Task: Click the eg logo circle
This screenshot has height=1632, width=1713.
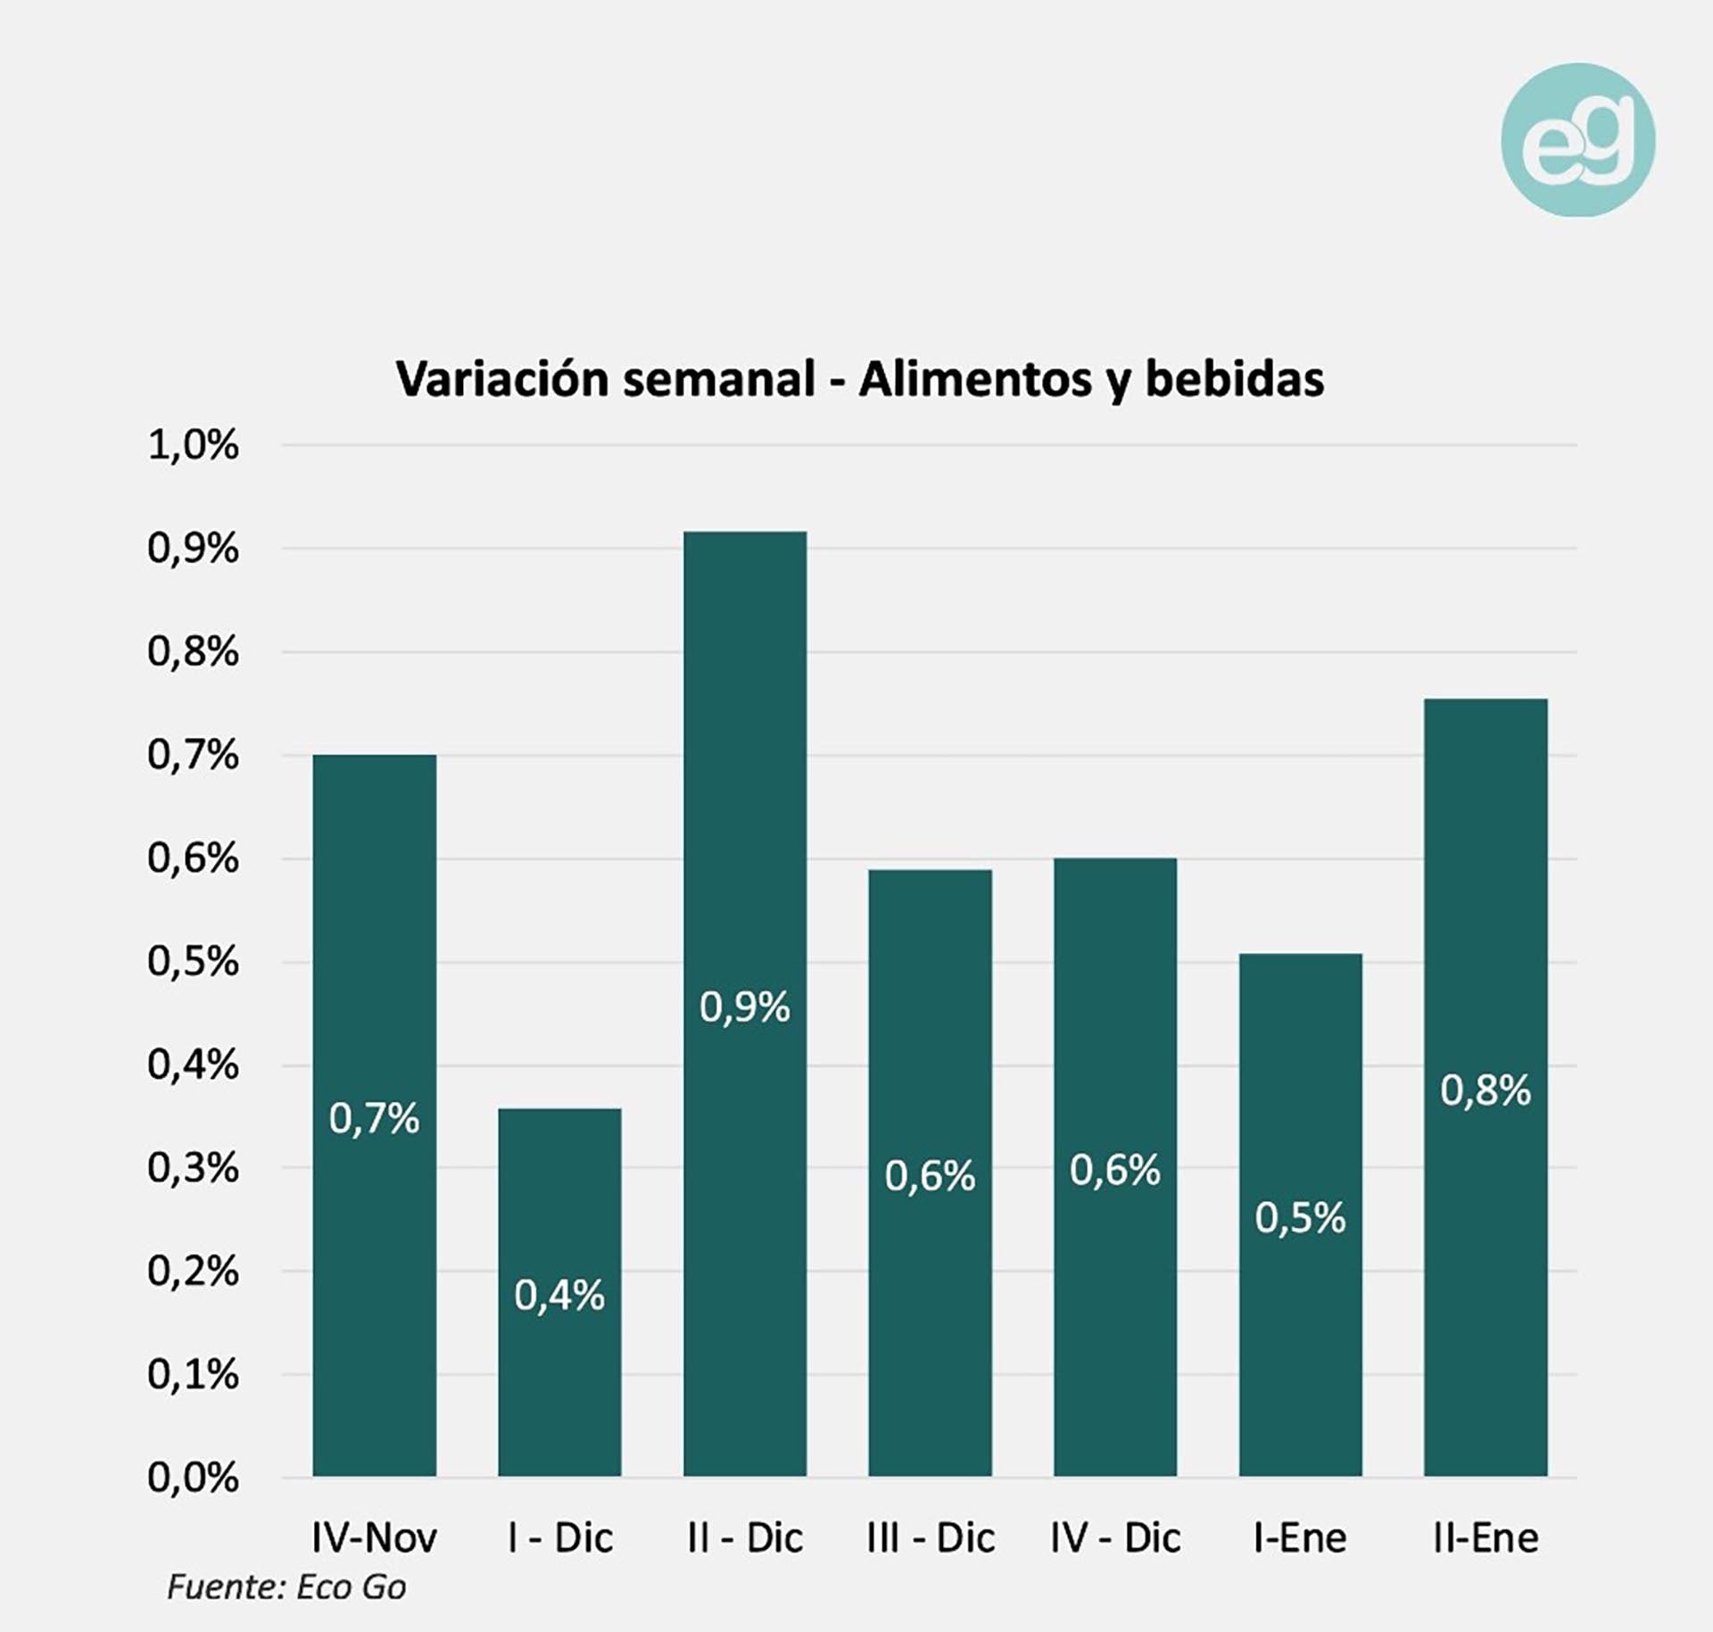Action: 1577,140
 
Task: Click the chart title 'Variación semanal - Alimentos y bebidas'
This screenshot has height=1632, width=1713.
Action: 859,379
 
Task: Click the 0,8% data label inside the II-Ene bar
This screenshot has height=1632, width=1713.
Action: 1485,1090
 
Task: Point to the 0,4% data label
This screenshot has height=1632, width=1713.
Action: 559,1296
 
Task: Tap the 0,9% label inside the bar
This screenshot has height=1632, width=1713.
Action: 745,1007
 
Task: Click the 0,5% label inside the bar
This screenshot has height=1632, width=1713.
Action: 1300,1218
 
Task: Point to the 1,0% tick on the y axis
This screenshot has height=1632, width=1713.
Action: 194,445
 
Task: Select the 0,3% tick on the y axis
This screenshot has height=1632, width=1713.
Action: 194,1168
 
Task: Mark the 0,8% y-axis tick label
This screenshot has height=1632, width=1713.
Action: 194,652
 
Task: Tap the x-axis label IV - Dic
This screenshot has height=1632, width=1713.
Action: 1115,1537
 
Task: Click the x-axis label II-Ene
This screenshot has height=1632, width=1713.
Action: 1485,1537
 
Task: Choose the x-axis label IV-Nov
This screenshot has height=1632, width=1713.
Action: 374,1537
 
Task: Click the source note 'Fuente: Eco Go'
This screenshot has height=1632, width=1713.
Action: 286,1587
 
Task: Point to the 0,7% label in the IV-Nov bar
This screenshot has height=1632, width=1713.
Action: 374,1119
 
